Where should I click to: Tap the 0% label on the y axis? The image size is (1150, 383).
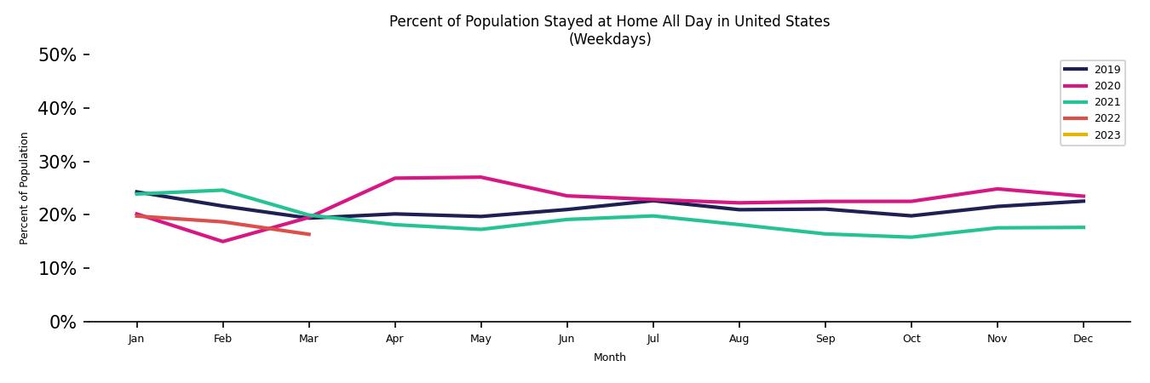(x=62, y=323)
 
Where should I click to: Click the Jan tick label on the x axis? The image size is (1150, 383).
(x=136, y=339)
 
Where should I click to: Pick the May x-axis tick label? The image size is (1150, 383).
(x=480, y=339)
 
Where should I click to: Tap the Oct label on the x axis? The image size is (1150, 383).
(x=911, y=339)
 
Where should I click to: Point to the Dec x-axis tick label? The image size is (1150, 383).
(x=1083, y=339)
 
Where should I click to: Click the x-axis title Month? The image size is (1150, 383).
(x=609, y=357)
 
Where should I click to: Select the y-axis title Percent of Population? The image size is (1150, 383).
(x=25, y=188)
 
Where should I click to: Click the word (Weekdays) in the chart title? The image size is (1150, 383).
(x=609, y=40)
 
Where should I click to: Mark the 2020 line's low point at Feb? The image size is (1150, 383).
(x=222, y=242)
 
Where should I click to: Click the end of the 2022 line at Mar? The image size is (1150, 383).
(x=308, y=234)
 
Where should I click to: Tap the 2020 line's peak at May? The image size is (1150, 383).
(x=480, y=177)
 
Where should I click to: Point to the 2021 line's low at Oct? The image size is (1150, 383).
(x=911, y=237)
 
